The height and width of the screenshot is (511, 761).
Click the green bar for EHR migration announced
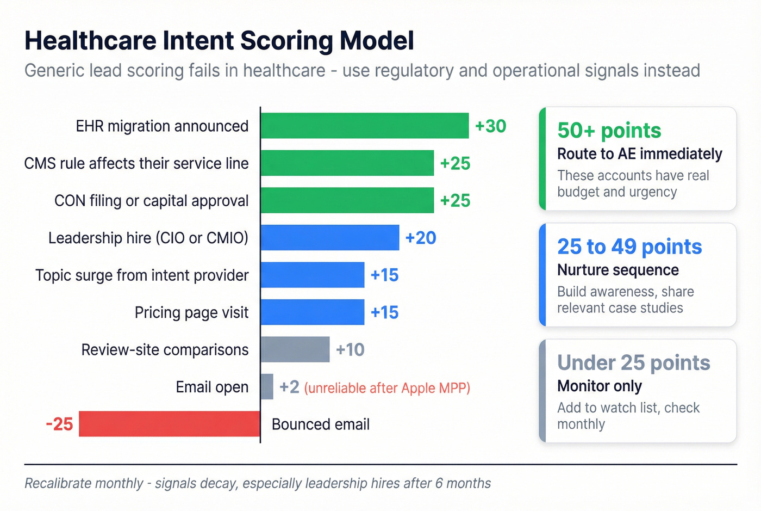point(364,126)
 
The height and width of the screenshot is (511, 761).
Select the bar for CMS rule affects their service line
point(347,163)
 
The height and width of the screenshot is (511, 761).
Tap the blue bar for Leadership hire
point(329,238)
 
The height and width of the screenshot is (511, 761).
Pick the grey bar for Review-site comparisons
point(295,349)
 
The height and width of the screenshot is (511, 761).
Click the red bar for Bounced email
point(169,424)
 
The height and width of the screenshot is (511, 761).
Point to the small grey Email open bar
point(267,387)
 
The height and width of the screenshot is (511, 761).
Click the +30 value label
point(490,126)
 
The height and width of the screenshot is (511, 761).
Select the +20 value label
point(421,238)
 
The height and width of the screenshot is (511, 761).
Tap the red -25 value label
point(59,424)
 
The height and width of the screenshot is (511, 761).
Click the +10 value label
point(350,349)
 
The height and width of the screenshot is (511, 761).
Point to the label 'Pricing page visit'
point(191,312)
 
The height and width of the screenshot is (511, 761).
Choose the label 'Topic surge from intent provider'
point(142,275)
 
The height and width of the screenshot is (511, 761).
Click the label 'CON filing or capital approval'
point(151,201)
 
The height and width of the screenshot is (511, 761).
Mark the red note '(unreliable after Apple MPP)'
point(387,388)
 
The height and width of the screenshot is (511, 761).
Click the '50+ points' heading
point(609,131)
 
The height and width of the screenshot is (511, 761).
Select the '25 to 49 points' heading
point(629,247)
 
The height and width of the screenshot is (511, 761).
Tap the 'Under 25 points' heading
point(633,362)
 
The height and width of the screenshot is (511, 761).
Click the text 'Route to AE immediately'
point(639,154)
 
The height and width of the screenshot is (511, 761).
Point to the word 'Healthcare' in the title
point(90,41)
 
